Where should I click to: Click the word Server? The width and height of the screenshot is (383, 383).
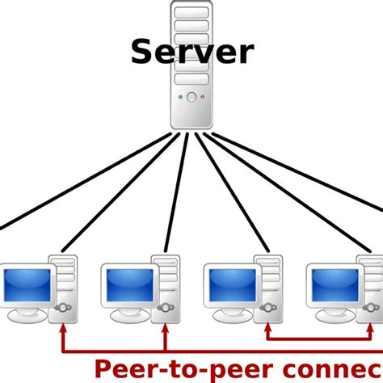pos(191,53)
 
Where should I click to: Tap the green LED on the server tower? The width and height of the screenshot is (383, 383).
pos(181,97)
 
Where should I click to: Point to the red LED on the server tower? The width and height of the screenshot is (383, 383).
pos(202,97)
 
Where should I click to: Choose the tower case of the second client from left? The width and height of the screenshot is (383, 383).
pos(166,287)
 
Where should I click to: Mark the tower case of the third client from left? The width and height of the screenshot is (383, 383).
pos(268,287)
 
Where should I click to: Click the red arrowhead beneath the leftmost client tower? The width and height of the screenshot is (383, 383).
pos(63,329)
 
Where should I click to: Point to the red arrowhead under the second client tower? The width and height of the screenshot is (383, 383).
pos(166,329)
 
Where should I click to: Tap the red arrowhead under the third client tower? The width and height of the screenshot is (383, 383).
pos(268,329)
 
